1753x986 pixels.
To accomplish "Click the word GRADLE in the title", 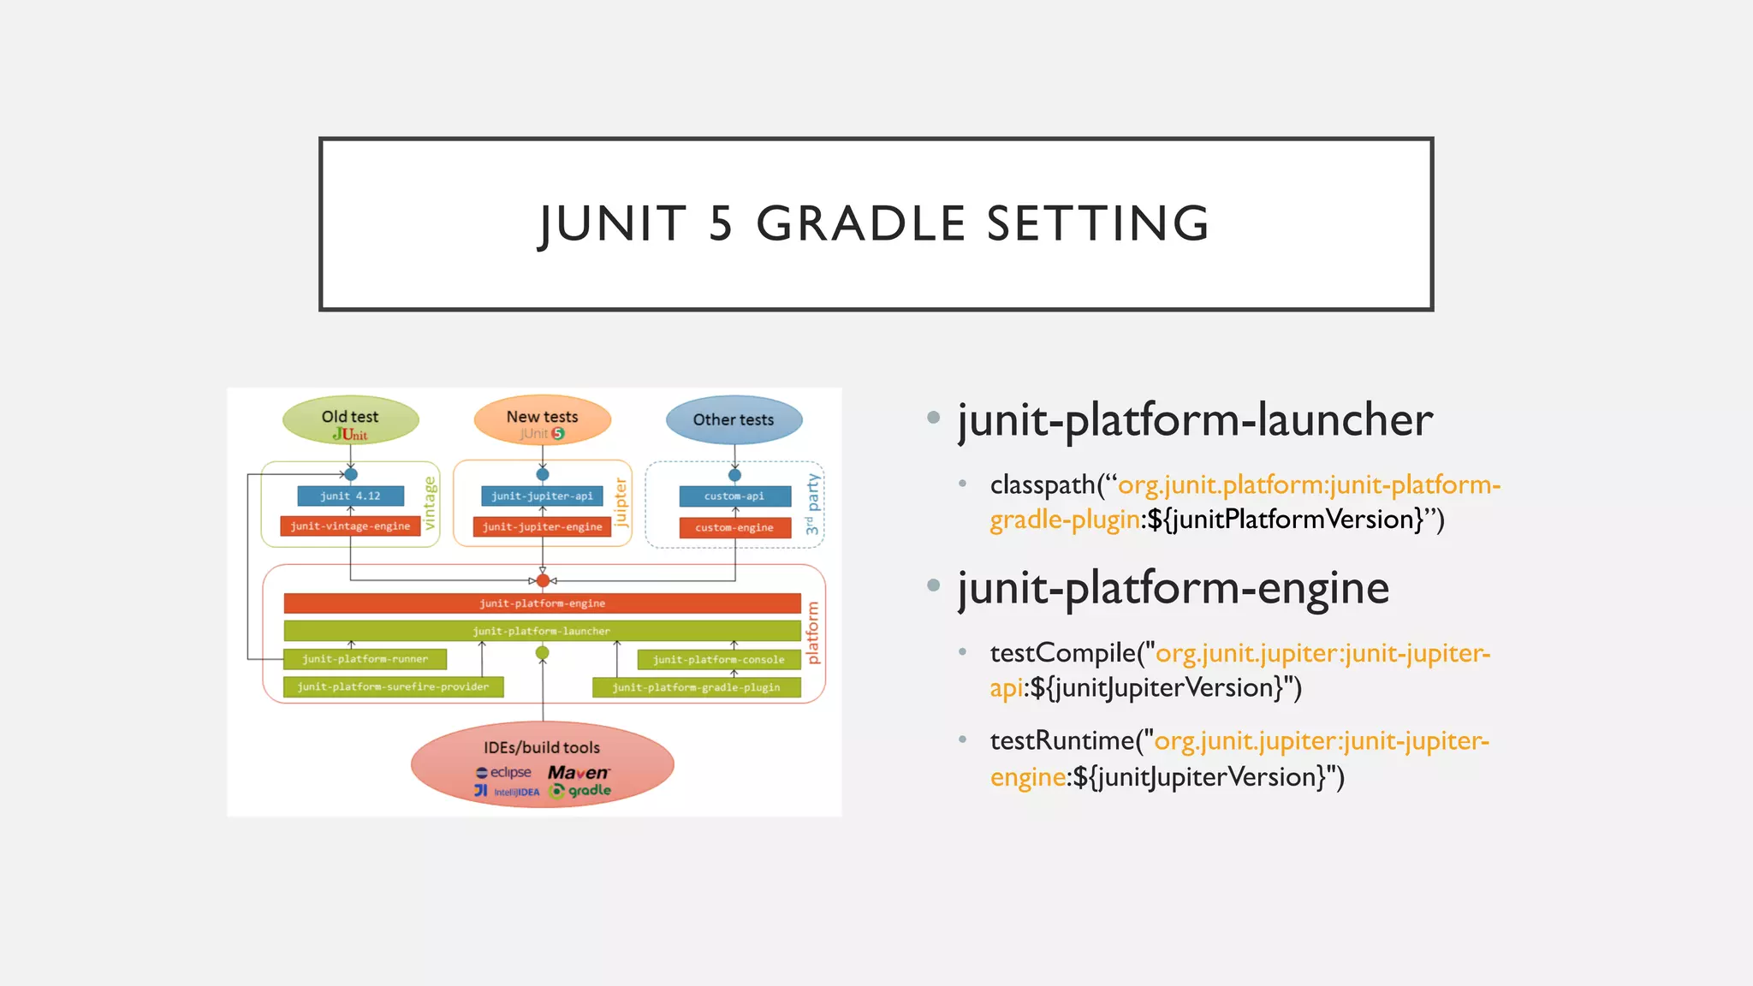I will [x=860, y=223].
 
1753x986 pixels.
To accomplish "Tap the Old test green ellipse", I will [x=350, y=420].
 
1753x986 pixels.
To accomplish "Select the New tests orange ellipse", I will [x=542, y=420].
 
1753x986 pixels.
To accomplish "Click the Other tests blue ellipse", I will [x=734, y=420].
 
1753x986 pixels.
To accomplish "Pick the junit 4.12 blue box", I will [x=350, y=496].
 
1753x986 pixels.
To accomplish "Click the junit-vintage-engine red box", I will [x=350, y=526].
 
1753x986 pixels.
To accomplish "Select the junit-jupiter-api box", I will [x=542, y=496].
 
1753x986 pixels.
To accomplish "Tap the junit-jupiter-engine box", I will [x=542, y=527].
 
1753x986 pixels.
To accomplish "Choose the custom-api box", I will [x=734, y=496].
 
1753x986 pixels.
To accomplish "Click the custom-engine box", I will [x=734, y=528].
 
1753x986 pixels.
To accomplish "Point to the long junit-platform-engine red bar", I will [x=542, y=603].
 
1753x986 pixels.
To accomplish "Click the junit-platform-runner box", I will [x=365, y=659].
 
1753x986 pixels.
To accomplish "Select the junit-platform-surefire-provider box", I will [x=393, y=687].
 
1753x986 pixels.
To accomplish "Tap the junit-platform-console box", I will [x=719, y=660].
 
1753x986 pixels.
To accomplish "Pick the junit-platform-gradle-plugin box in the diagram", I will [x=696, y=687].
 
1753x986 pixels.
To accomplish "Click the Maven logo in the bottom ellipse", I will [x=578, y=773].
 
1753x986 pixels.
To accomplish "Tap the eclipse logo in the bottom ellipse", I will [x=504, y=773].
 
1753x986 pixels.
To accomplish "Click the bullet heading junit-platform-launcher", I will [x=1195, y=420].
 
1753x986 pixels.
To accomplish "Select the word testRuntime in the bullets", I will [x=1061, y=741].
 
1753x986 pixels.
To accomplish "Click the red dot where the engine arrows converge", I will [x=543, y=581].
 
